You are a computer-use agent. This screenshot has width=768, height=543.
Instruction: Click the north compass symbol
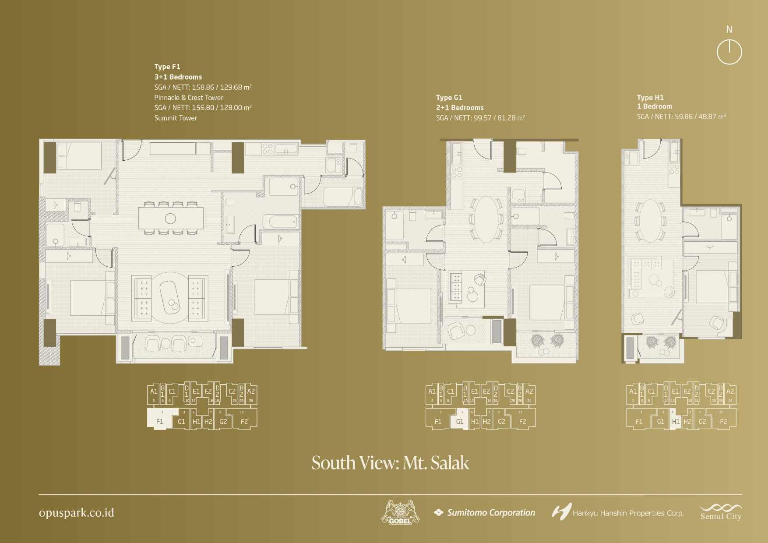[729, 52]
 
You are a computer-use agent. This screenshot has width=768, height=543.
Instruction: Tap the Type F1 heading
[167, 67]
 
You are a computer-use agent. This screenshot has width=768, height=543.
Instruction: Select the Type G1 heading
[449, 98]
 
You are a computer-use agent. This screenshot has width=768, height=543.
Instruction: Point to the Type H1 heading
[650, 98]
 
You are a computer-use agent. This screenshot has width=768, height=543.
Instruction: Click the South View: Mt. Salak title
[390, 463]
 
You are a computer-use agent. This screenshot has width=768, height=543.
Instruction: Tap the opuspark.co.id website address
[77, 513]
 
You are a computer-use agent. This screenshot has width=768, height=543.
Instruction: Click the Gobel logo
[400, 512]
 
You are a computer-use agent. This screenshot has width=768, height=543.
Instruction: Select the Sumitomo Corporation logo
[484, 513]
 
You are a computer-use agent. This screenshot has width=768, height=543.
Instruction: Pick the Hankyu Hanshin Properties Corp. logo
[617, 512]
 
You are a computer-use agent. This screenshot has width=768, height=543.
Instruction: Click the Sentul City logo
[721, 512]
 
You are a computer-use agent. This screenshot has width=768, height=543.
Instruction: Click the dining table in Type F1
[171, 218]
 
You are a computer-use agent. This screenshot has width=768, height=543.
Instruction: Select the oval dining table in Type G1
[486, 219]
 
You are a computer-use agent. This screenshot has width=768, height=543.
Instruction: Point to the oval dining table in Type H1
[651, 221]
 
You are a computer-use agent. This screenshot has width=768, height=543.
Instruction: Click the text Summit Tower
[176, 118]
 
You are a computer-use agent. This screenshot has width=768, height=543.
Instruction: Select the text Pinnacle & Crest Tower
[189, 98]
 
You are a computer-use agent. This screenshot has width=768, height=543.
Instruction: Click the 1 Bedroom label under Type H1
[654, 106]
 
